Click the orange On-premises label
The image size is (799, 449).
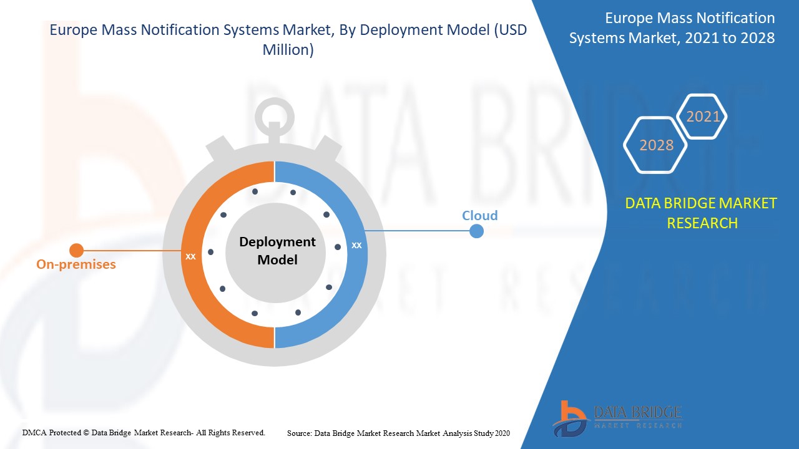(x=76, y=264)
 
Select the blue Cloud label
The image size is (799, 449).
(x=479, y=216)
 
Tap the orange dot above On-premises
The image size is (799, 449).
(x=76, y=251)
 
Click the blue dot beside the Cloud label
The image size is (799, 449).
(x=476, y=231)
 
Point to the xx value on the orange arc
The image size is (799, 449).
(x=190, y=256)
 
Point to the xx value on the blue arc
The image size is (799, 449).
(x=356, y=245)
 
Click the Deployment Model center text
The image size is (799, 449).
(x=277, y=251)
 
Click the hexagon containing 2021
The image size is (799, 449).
(x=703, y=117)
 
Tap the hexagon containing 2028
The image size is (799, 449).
(x=656, y=145)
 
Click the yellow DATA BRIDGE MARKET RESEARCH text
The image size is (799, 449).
(x=701, y=213)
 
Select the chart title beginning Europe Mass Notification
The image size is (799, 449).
(x=288, y=41)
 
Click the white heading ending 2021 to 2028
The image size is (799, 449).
(x=672, y=28)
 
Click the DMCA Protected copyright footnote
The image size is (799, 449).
(x=144, y=432)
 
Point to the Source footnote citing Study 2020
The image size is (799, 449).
(x=398, y=433)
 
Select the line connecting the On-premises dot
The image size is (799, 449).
(x=131, y=251)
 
